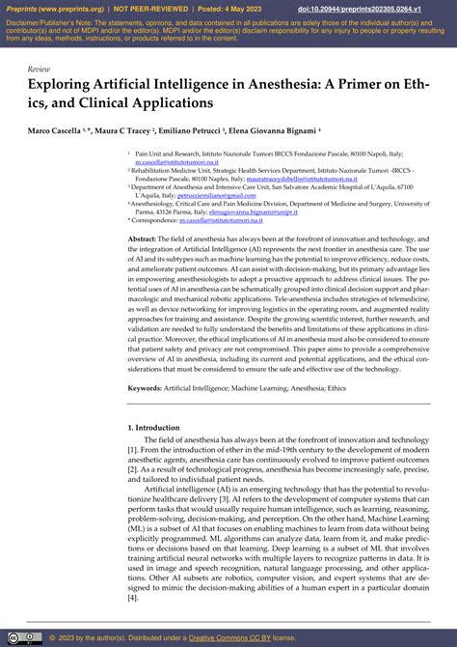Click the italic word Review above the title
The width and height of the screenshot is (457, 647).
pyautogui.click(x=40, y=70)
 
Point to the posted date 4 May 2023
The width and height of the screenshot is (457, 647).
pyautogui.click(x=247, y=7)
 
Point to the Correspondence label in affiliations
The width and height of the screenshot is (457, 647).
pyautogui.click(x=159, y=220)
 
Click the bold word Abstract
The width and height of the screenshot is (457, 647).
pyautogui.click(x=142, y=238)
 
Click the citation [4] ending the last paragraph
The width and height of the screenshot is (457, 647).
pyautogui.click(x=133, y=597)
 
